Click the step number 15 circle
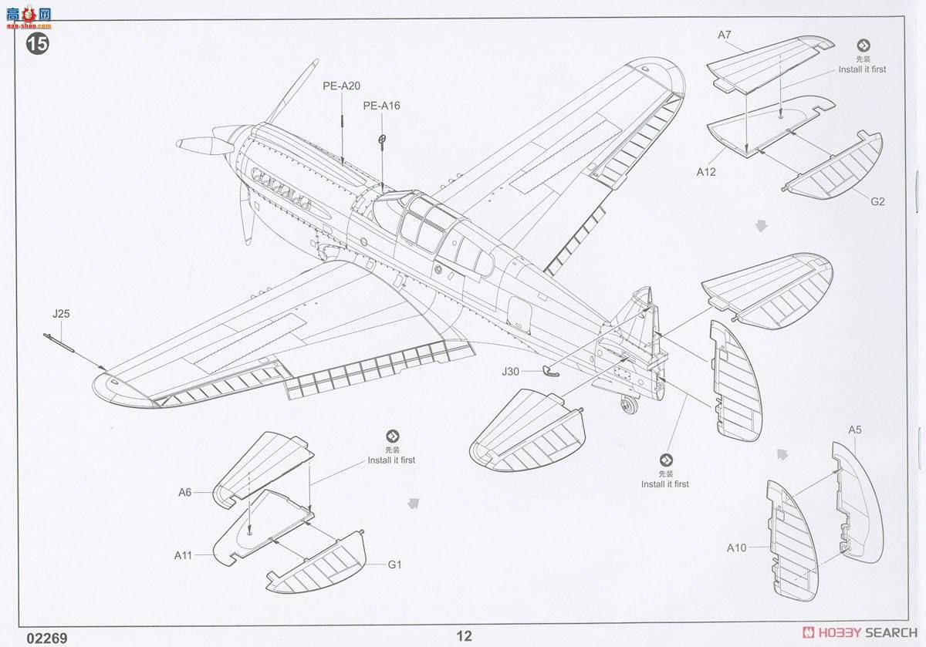tap(37, 43)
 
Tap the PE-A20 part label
tap(341, 86)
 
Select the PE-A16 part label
tap(382, 106)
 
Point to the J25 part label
tap(61, 314)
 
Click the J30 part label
tap(510, 371)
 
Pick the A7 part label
tap(724, 35)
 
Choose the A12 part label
tap(705, 172)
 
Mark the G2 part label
tap(877, 202)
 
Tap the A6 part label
tap(184, 492)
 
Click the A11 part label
tap(184, 554)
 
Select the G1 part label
tap(394, 564)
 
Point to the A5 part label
tap(854, 430)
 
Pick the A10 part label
tap(736, 548)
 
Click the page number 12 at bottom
tap(463, 636)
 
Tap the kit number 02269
tap(46, 638)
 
